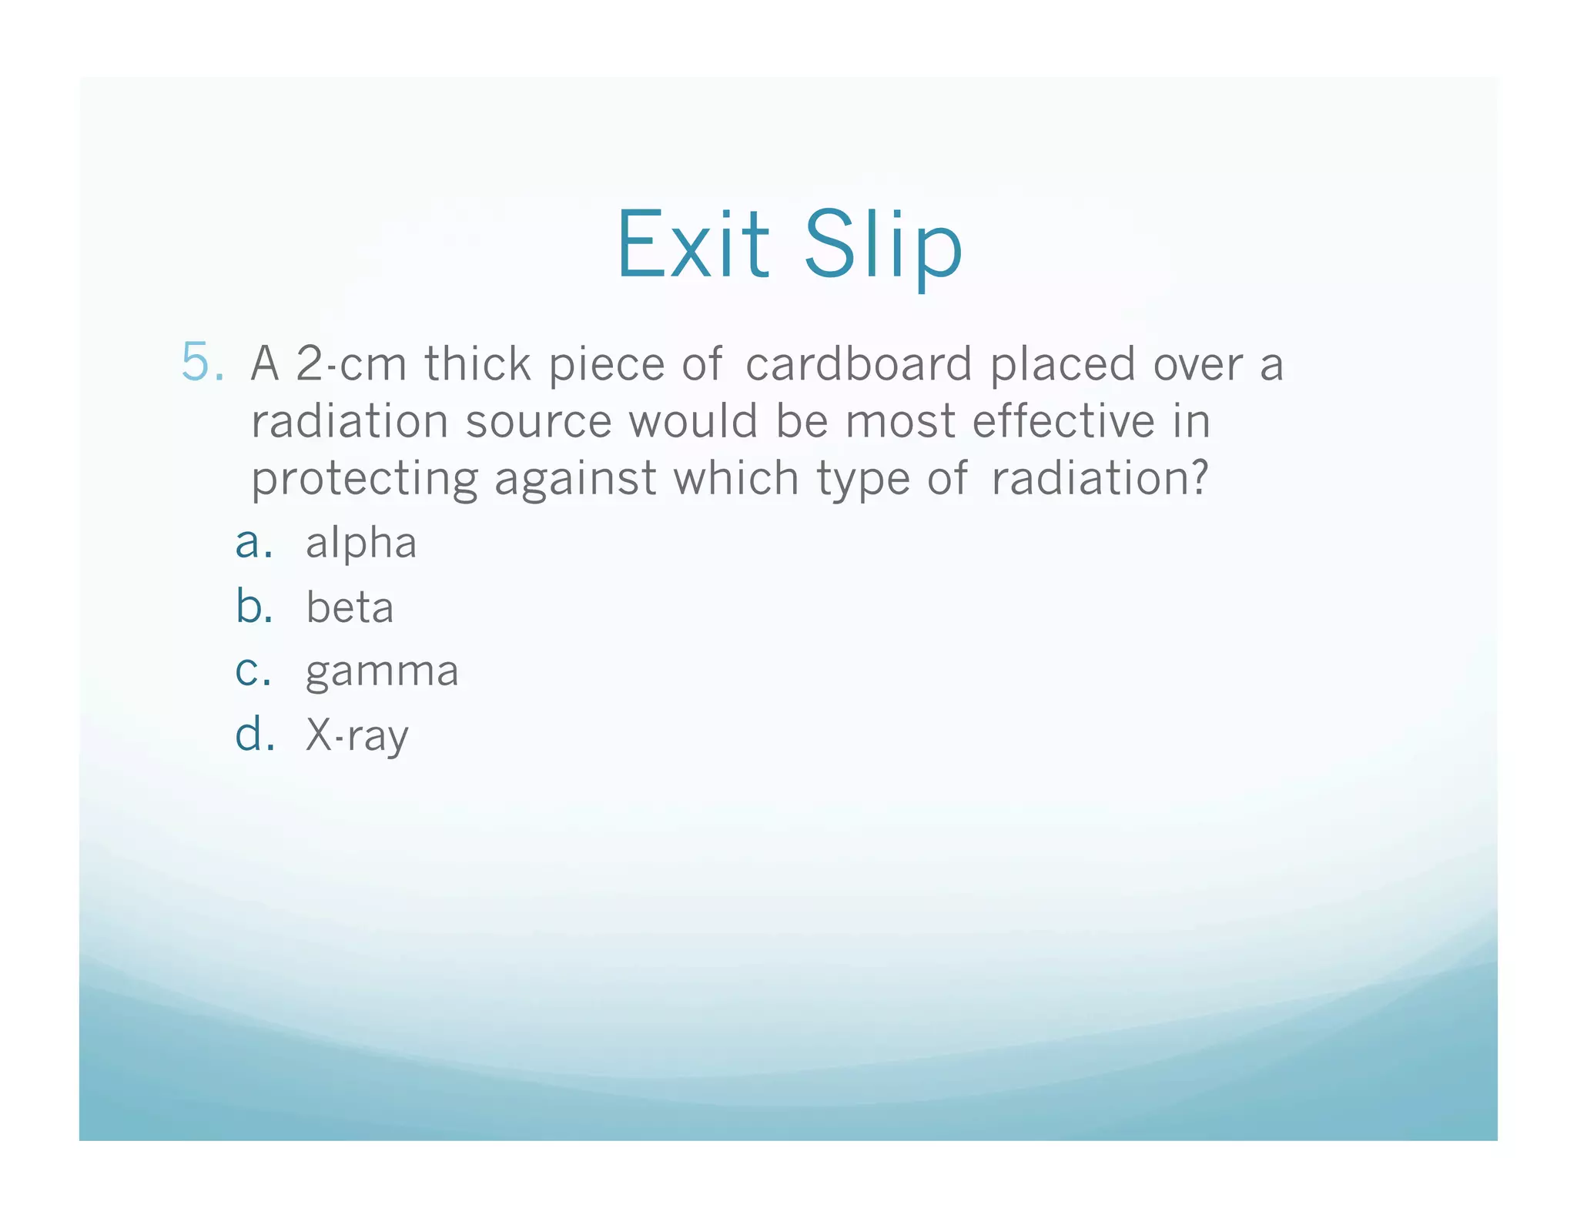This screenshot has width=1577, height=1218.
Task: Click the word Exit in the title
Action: tap(692, 245)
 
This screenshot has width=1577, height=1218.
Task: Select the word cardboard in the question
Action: tap(859, 363)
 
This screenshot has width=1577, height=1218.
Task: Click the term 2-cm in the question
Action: tap(351, 363)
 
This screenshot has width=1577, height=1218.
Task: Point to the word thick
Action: tap(477, 363)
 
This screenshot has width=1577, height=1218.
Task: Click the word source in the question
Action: tap(538, 422)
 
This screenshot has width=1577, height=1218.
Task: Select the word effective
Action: tap(1063, 421)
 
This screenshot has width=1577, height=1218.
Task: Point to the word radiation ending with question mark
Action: tap(1100, 479)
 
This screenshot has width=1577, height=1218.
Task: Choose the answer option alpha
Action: tap(361, 544)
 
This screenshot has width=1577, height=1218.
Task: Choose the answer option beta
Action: tap(350, 607)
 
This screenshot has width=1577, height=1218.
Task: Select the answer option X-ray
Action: tap(357, 736)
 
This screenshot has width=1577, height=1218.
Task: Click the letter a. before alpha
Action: tap(253, 544)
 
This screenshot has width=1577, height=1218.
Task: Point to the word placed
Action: tap(1063, 363)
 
